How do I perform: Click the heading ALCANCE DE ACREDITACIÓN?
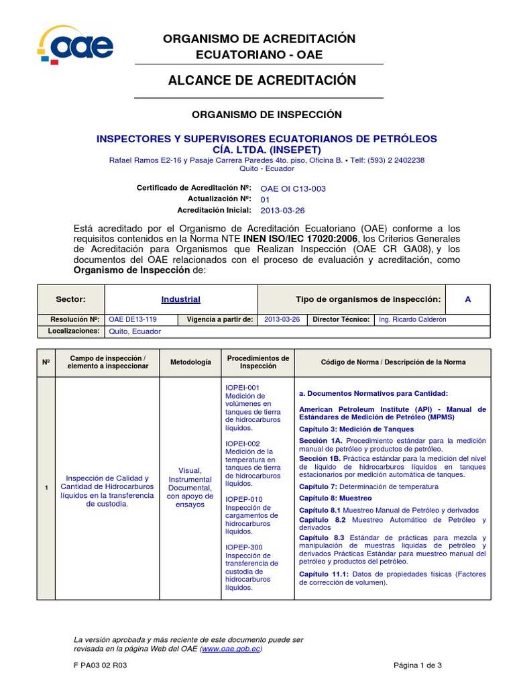262,81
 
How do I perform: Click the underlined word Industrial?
180,299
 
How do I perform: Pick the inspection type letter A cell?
467,299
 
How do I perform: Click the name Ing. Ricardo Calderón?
412,320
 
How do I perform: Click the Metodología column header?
190,362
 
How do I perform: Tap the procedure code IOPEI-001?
242,388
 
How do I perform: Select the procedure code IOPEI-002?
242,443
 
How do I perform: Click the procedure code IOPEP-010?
243,500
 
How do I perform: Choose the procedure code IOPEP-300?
243,547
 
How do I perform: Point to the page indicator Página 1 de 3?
418,665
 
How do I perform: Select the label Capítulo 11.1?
323,574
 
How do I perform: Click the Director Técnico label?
341,320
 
